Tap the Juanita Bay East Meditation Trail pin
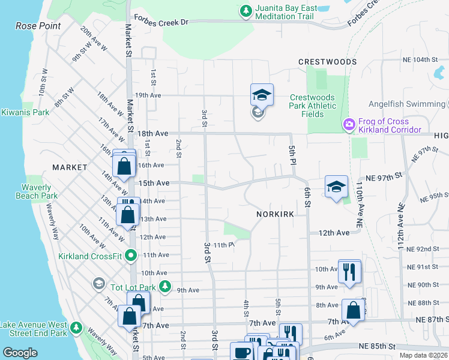246,11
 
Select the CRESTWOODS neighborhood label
327,62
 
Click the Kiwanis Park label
25,112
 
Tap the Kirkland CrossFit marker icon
133,256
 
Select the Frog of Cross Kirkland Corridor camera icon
348,125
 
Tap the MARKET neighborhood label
70,167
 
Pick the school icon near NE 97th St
336,187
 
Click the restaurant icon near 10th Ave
349,271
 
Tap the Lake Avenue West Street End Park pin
76,328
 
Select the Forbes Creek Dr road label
161,22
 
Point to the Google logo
20,353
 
